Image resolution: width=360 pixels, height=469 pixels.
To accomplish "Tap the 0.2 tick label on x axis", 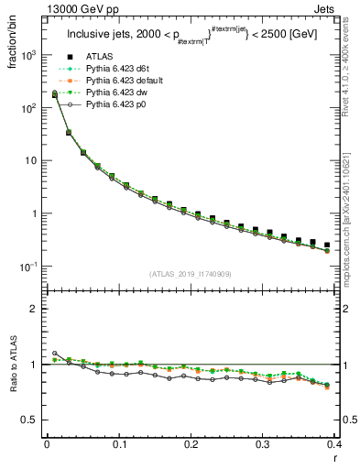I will [x=191, y=443].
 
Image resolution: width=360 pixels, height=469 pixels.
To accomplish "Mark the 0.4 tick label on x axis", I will [x=333, y=443].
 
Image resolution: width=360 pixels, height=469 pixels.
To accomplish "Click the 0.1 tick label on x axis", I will [x=118, y=443].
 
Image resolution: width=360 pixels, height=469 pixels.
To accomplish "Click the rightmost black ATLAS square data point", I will [x=327, y=245].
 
